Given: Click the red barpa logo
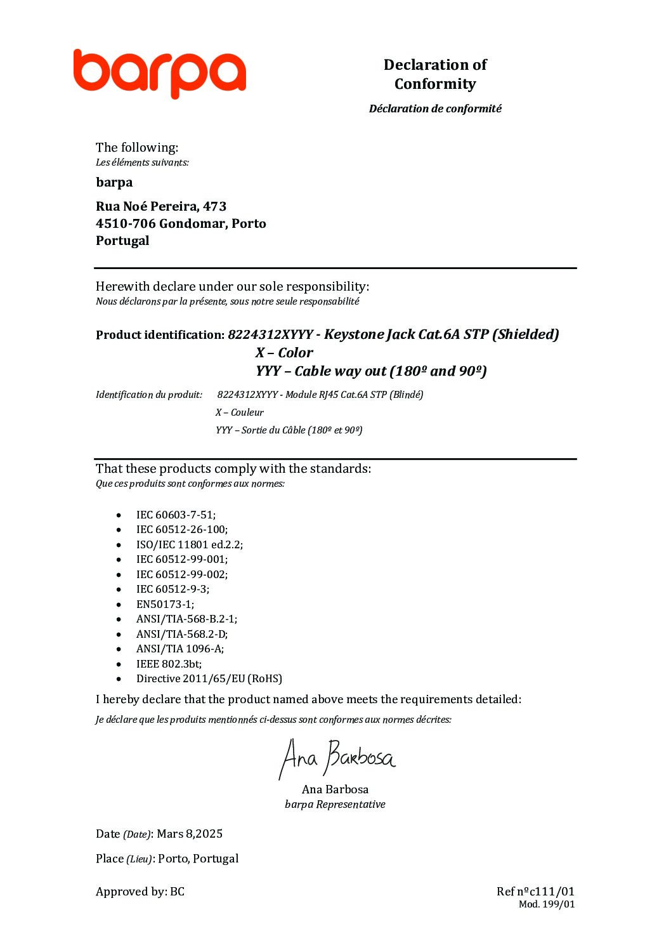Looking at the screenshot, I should point(159,73).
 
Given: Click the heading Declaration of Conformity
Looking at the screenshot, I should point(435,74).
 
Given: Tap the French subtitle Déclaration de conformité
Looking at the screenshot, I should point(435,109).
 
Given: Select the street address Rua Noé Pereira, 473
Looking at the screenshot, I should point(161,206).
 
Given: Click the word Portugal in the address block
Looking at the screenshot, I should point(122,241).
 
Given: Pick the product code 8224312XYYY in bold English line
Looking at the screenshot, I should point(270,334).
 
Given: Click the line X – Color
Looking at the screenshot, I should point(284,353).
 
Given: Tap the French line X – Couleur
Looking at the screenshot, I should point(239,412).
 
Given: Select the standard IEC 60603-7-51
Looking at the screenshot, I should point(176,515).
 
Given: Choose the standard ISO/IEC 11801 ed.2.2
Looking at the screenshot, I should point(189,544).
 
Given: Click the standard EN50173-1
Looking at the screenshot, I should point(165,604).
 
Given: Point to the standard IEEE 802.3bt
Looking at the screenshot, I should point(169,664).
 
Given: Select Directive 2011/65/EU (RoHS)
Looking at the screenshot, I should point(209,678).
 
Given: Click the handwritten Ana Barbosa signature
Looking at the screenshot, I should point(337,758).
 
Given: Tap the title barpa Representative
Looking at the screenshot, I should point(335,805).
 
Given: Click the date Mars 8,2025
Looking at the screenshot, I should point(190,834).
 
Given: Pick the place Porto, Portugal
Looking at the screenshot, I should point(198,859).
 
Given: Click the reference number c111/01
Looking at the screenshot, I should point(552,892).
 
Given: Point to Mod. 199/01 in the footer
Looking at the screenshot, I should point(547,904).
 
